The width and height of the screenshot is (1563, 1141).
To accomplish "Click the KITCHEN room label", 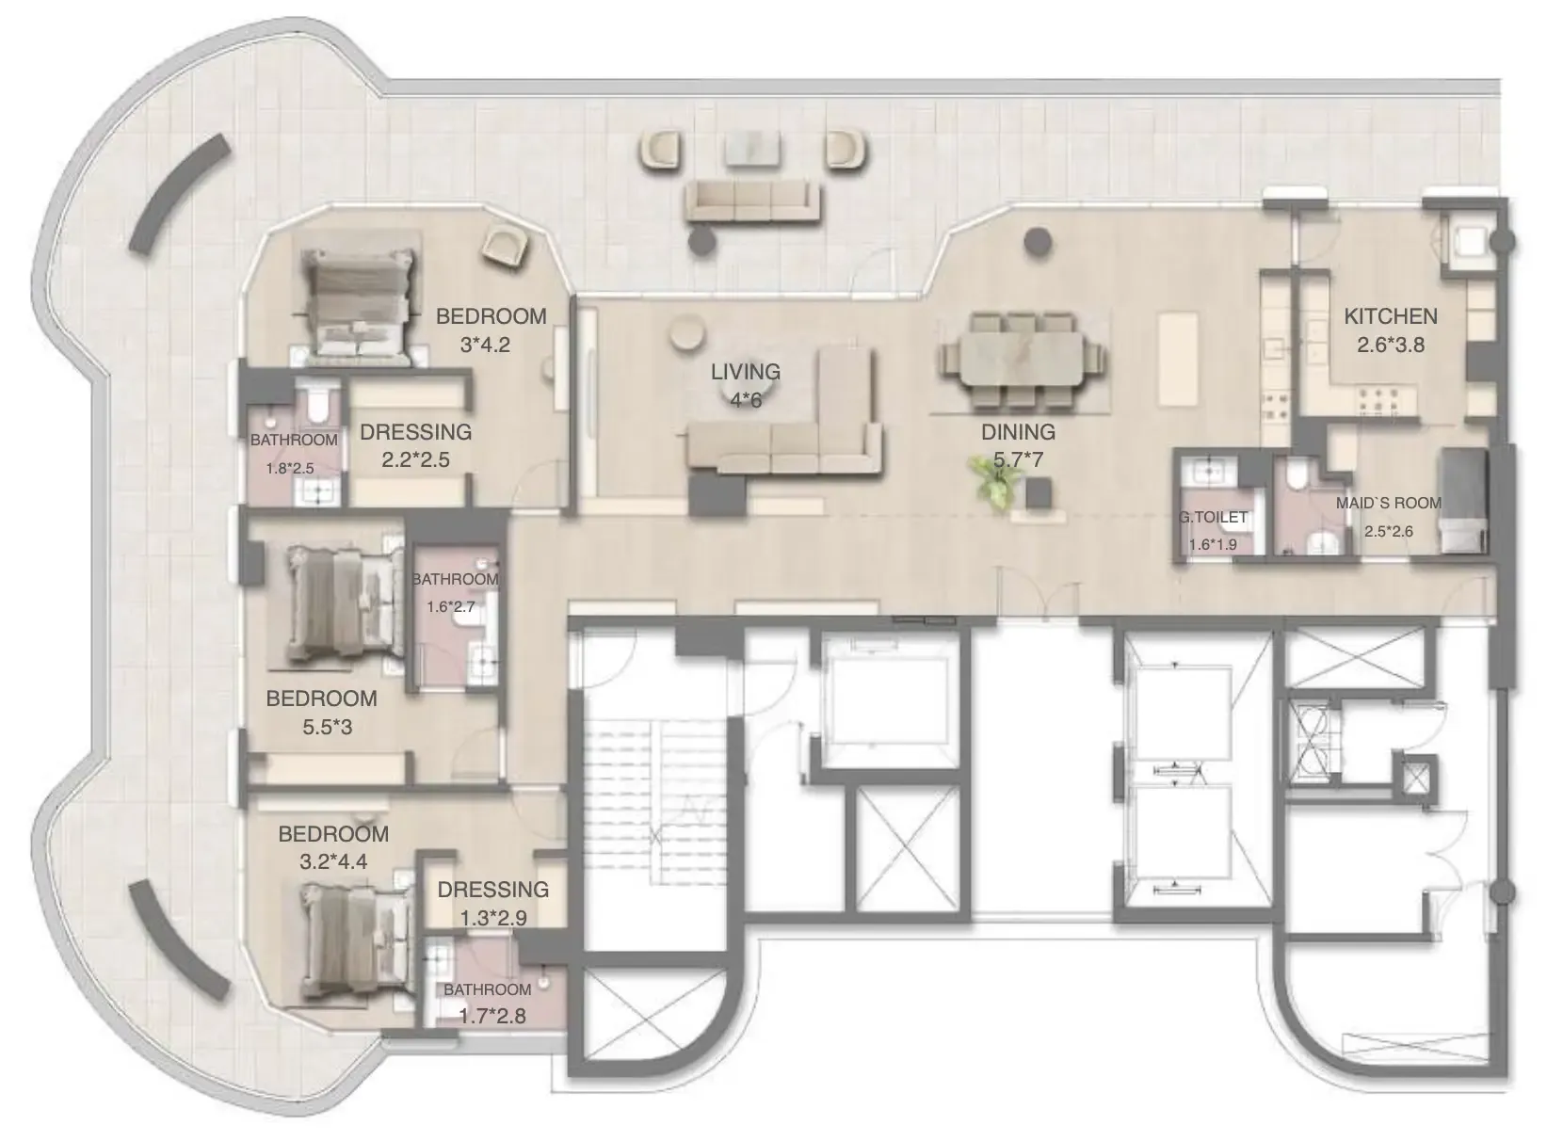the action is coord(1391,316).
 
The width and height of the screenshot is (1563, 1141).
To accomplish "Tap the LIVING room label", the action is coord(745,371).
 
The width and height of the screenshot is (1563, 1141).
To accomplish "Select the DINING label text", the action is coord(1018,432).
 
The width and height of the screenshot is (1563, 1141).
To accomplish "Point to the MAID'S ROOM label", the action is coord(1388,503).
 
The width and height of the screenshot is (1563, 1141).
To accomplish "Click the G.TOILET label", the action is coord(1214,517).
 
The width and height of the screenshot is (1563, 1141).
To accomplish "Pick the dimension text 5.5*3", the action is coord(328,727).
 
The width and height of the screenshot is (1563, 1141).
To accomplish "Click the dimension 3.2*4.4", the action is coord(333,861).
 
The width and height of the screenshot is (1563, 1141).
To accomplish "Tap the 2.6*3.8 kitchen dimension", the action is coord(1391,345).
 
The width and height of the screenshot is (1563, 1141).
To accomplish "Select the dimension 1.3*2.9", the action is coord(492,918).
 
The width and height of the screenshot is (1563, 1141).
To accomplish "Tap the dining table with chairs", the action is coord(1023,360).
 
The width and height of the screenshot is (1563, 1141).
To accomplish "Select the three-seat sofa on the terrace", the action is coord(752,201).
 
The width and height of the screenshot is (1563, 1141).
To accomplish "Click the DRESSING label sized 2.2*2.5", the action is coord(416,432).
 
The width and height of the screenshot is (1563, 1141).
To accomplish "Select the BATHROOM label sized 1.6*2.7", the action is coord(456,579).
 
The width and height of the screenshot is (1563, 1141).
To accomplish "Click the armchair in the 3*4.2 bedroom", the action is coord(506,244).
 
